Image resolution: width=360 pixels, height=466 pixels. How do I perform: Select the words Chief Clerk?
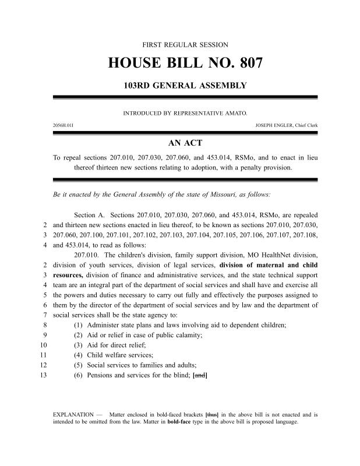click(305, 125)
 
